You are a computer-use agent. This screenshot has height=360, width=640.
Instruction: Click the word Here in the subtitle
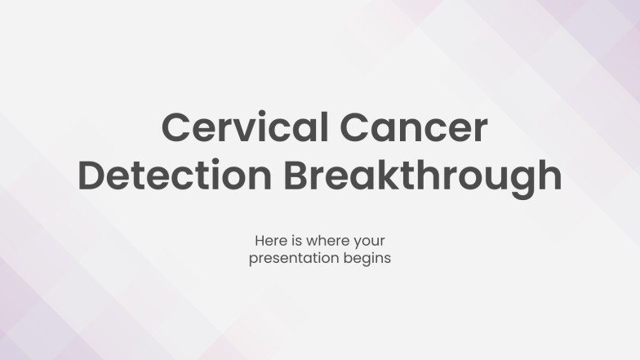(x=269, y=242)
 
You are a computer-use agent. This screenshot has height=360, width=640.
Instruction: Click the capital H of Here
(x=260, y=242)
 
